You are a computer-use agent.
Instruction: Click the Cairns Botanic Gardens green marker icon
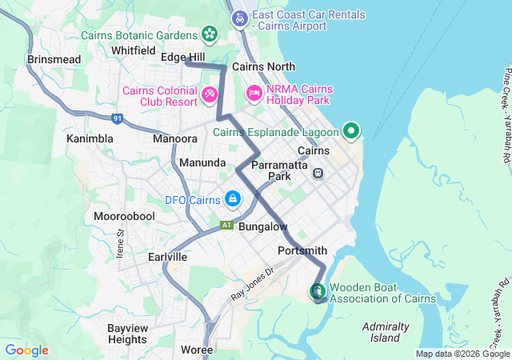coord(209,34)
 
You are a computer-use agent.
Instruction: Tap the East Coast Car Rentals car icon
coord(238,18)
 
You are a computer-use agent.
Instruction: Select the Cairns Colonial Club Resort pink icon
coord(209,96)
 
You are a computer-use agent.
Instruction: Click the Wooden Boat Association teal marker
coord(318,291)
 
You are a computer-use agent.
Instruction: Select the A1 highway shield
coord(226,226)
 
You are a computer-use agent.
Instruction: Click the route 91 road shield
coord(118,118)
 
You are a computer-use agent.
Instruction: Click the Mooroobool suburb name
coord(124,217)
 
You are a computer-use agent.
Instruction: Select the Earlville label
coord(167,257)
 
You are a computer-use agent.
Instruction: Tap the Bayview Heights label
coord(127,334)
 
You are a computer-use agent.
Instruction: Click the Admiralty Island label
coord(386,332)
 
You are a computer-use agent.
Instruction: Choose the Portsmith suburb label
coord(302,250)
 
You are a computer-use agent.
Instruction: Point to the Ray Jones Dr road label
coord(253,284)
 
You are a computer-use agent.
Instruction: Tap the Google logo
coord(26,350)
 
